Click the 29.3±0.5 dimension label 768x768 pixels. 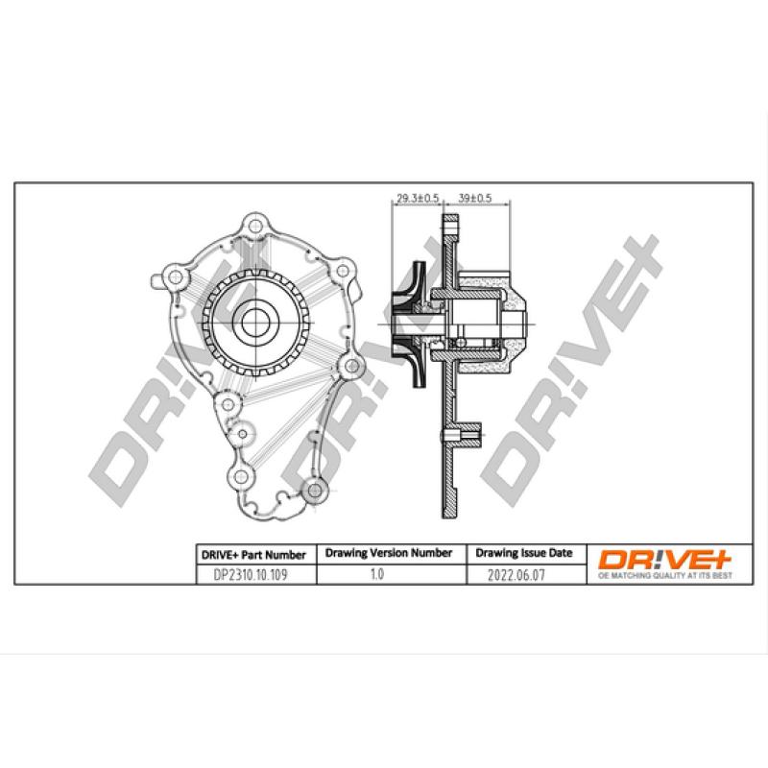tap(417, 199)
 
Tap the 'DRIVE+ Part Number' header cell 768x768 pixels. tap(252, 554)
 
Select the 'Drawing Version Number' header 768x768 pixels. tap(388, 554)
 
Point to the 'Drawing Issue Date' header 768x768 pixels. tap(523, 554)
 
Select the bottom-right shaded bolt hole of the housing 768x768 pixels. tap(311, 491)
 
